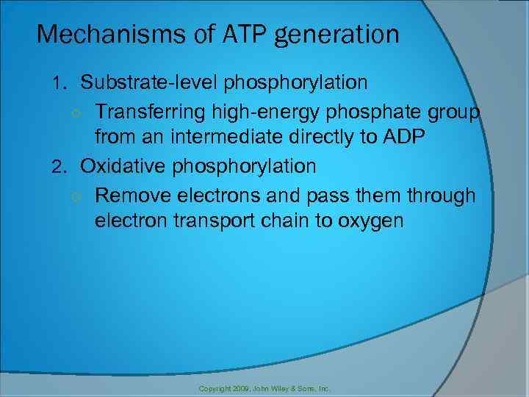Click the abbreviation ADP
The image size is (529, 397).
tap(403, 137)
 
